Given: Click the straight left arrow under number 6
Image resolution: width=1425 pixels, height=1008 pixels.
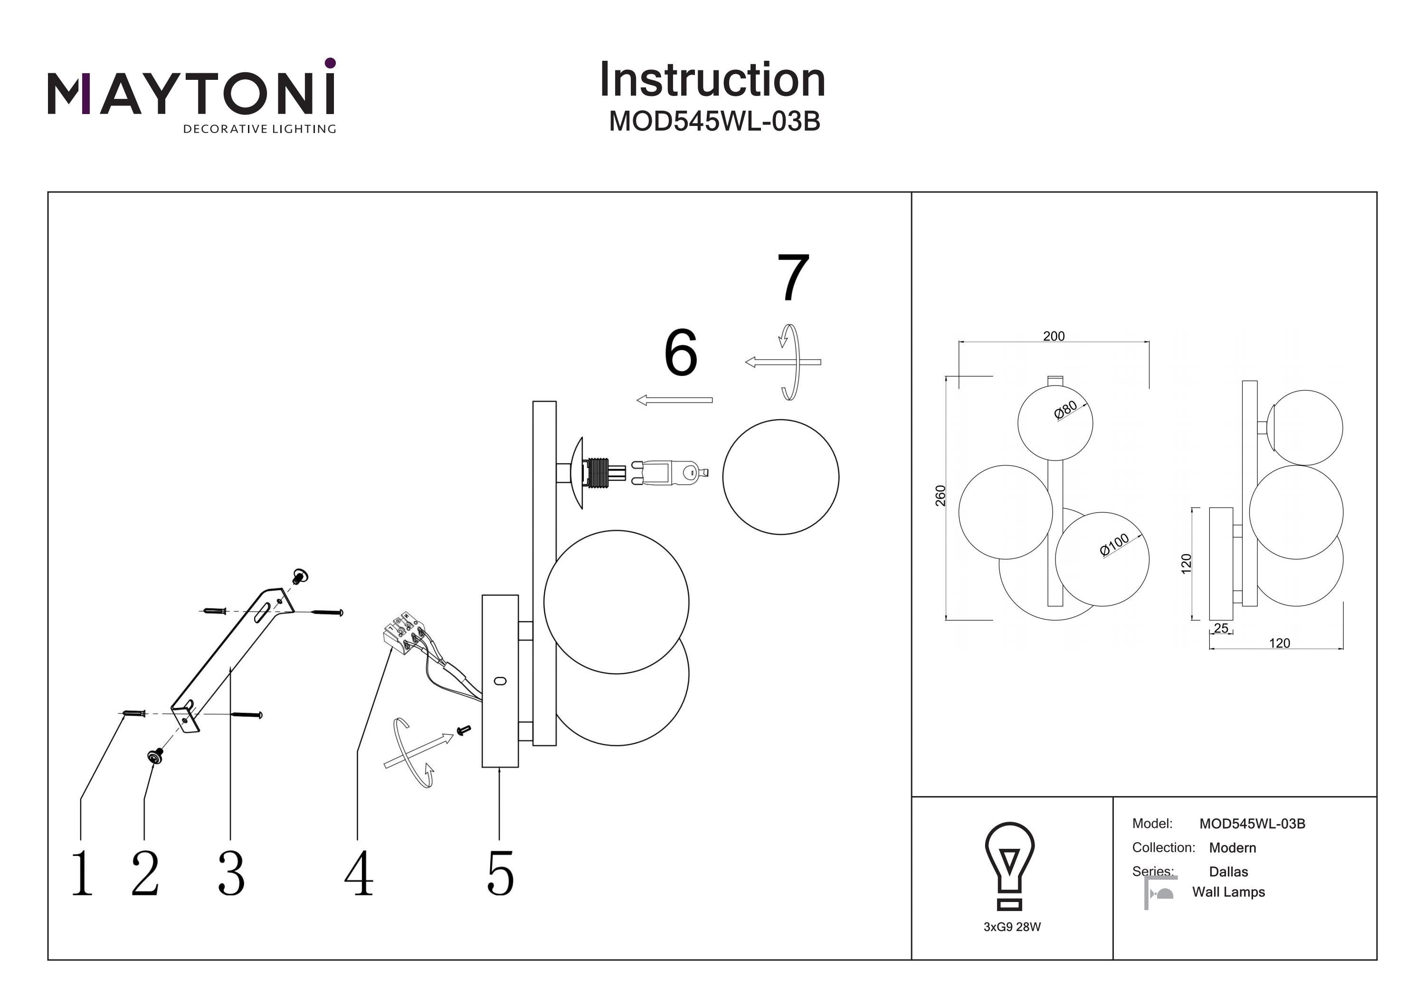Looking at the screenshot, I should click(x=674, y=401).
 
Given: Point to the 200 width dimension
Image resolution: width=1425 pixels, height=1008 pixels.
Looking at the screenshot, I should click(x=1053, y=336).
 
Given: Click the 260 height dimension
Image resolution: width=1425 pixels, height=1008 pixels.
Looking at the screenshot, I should click(x=940, y=495).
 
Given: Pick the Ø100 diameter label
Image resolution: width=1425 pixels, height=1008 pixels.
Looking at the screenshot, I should click(x=1114, y=545).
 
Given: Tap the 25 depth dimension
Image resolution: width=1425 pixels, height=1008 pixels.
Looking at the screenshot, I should click(x=1221, y=628).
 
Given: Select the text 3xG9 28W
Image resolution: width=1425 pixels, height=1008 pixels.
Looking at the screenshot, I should click(x=1012, y=927).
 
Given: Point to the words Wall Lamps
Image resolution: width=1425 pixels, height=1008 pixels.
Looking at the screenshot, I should click(x=1228, y=892).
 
